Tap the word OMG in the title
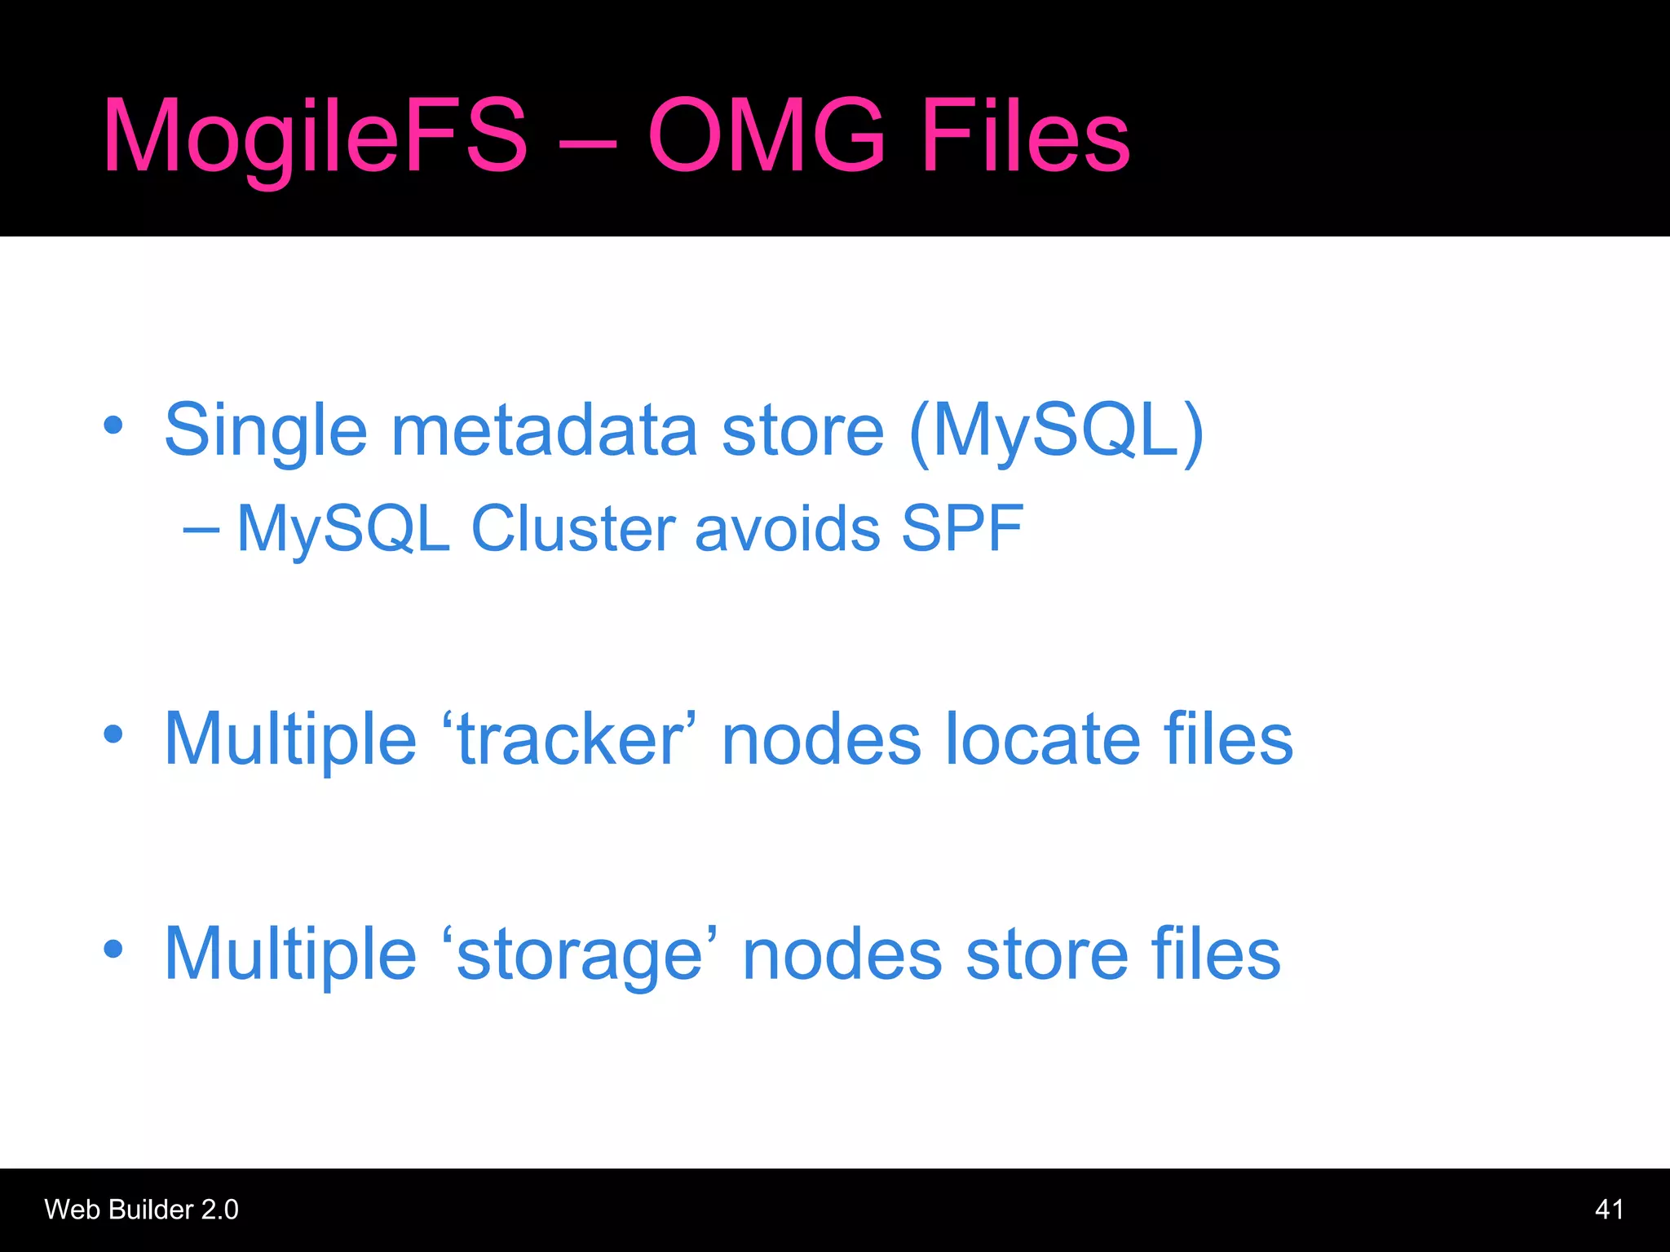(766, 135)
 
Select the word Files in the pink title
(1025, 135)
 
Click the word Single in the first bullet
(266, 432)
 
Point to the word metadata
(545, 430)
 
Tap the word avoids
(788, 529)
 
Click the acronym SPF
(962, 529)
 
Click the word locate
(1043, 739)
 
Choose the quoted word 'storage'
(580, 954)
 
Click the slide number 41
(1609, 1210)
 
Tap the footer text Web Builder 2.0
(141, 1210)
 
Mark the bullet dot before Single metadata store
(113, 425)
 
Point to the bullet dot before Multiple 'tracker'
(113, 734)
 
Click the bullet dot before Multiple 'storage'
(113, 949)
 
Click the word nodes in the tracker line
(821, 739)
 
